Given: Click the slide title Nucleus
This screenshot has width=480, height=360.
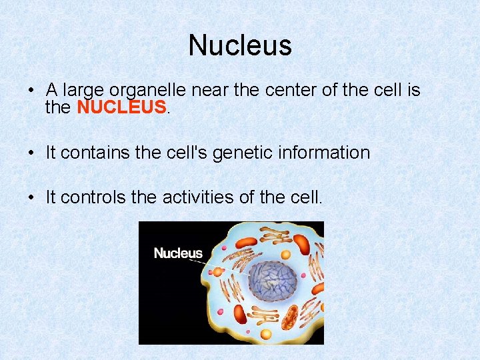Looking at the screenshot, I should tap(240, 46).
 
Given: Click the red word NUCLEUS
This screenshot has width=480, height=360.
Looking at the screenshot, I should tap(121, 107).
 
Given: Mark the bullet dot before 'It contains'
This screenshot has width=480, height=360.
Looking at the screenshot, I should tap(32, 153).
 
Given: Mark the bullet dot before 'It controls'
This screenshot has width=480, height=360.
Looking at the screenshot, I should tap(32, 197).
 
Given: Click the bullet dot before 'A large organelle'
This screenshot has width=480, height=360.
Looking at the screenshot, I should tap(32, 91).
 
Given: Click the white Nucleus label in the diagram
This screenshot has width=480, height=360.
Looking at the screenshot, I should tap(178, 253).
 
